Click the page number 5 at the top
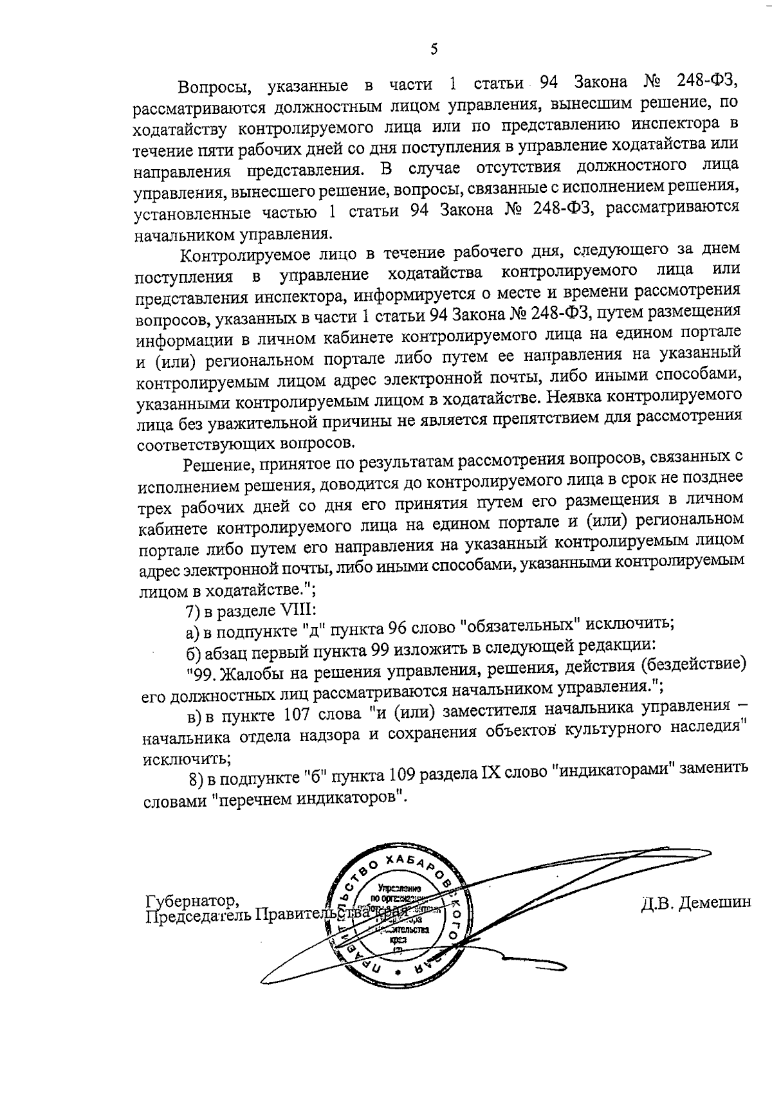point(434,50)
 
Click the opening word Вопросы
point(210,87)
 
